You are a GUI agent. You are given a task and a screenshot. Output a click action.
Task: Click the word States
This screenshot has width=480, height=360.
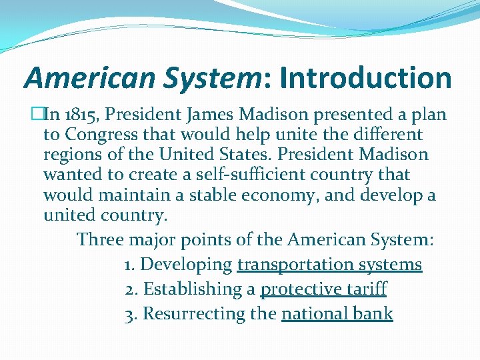(240, 155)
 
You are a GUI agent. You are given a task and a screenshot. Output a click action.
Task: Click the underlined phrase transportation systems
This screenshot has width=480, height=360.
(329, 265)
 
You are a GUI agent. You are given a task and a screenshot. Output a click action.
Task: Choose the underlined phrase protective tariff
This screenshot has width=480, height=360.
(323, 289)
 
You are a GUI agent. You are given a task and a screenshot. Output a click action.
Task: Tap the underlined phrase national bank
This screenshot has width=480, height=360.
(337, 314)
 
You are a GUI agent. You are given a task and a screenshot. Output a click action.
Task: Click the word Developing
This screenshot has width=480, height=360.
(186, 265)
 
